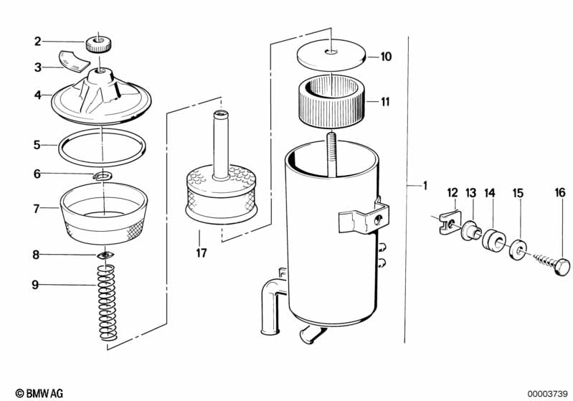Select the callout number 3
(x=38, y=67)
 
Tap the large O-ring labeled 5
(x=100, y=146)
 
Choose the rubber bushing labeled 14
(x=492, y=237)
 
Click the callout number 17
(x=201, y=252)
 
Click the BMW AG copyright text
(x=35, y=393)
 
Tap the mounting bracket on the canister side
(x=363, y=217)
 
